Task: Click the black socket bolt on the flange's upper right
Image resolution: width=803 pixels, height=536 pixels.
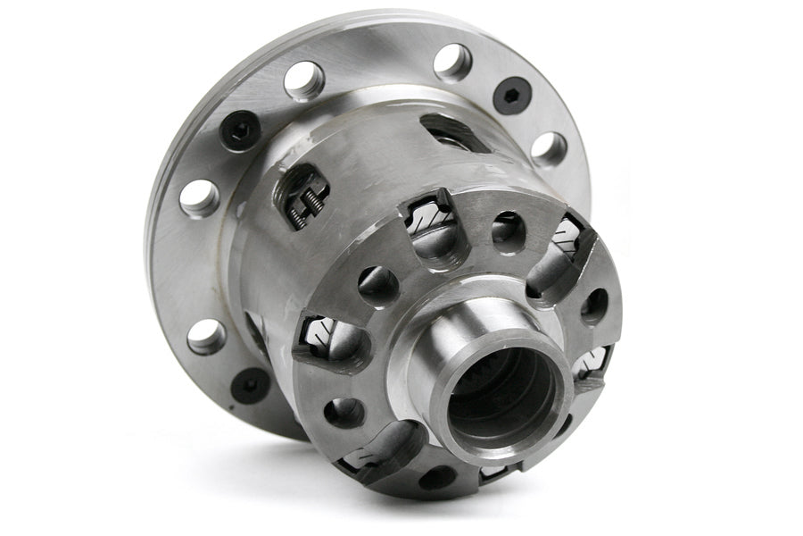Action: point(512,96)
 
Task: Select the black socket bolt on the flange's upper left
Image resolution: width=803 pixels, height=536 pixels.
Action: point(240,131)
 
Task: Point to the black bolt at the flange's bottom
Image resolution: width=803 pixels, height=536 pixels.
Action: point(250,384)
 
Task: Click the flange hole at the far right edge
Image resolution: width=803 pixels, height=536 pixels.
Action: point(549,149)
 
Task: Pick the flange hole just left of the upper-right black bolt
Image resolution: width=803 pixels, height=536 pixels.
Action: point(452,63)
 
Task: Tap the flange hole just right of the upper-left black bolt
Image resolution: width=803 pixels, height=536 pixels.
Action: point(304,80)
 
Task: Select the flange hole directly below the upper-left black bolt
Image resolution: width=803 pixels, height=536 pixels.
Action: point(199,197)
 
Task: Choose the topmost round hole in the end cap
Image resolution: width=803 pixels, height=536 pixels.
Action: point(508,231)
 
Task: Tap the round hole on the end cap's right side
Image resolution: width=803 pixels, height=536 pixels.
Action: point(594,306)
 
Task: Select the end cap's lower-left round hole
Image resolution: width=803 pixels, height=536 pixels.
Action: point(344,412)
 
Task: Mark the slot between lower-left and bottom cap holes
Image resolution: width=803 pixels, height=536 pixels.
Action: point(375,452)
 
